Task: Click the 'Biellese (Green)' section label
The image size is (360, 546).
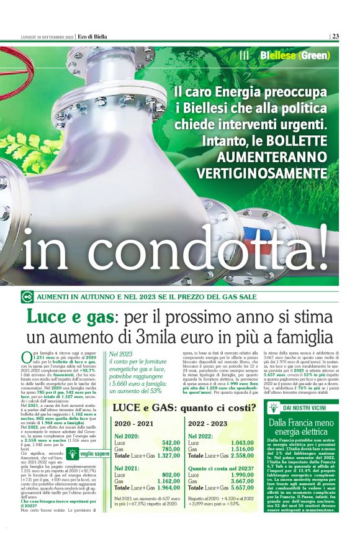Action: [x=290, y=55]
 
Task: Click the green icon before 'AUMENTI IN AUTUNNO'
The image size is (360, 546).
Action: [x=27, y=298]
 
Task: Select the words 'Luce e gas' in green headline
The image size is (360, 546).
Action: [x=70, y=317]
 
